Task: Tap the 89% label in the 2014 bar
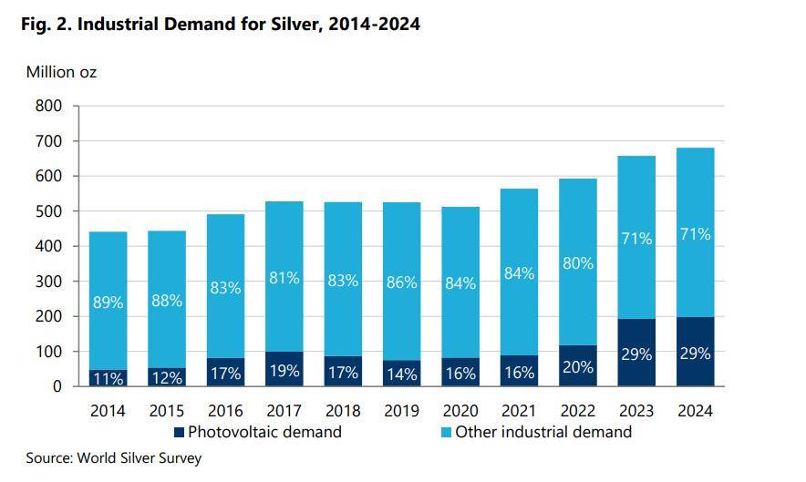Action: [x=108, y=303]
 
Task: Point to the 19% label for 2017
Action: [x=284, y=370]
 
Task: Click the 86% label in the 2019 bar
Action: [x=401, y=282]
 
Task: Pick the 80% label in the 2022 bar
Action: [x=578, y=263]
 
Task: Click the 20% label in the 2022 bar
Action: [x=578, y=367]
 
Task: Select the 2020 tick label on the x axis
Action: [x=460, y=410]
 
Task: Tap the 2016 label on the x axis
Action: [x=225, y=410]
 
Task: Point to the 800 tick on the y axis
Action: [x=50, y=106]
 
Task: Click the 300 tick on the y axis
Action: [x=50, y=282]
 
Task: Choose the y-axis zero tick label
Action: [x=57, y=386]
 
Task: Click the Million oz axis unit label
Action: [x=61, y=72]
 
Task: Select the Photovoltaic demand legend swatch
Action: [x=180, y=432]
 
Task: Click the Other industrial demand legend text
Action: [x=542, y=432]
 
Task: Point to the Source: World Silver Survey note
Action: [x=113, y=458]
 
